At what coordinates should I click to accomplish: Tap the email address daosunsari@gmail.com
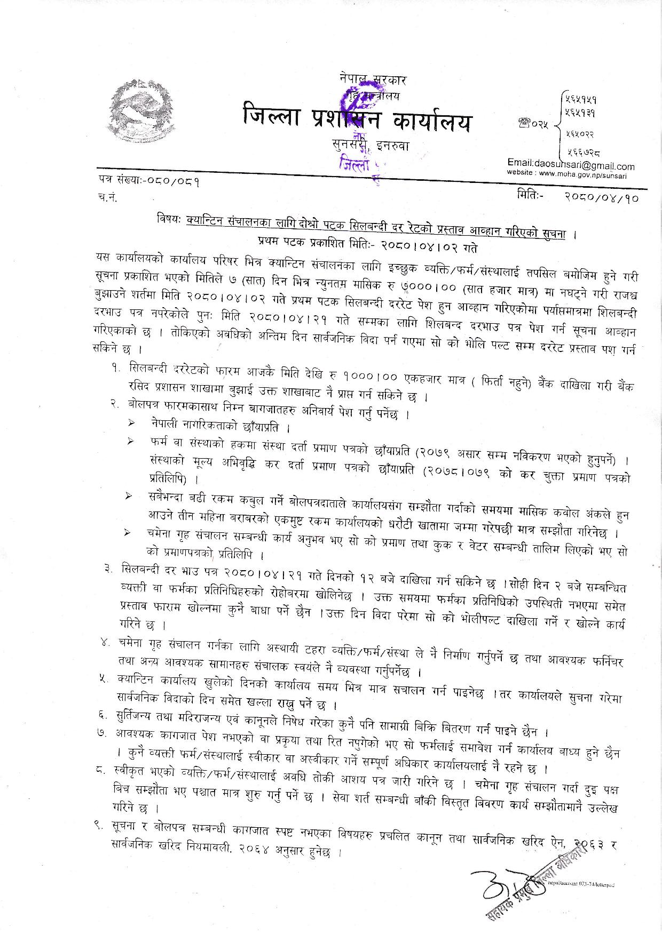[x=571, y=166]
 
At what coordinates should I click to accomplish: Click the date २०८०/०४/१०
[x=601, y=196]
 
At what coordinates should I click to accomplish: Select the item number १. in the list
[x=116, y=369]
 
